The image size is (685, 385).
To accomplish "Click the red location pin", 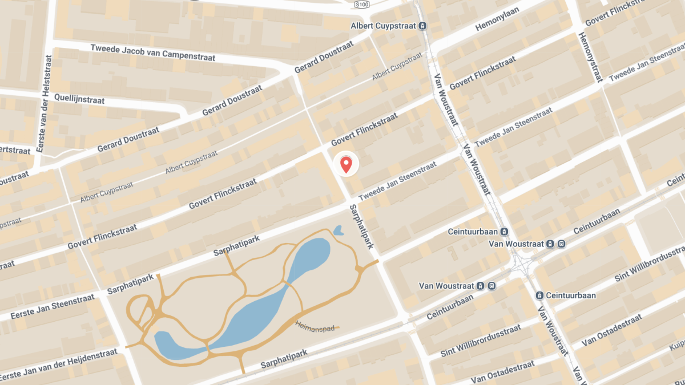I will point(345,164).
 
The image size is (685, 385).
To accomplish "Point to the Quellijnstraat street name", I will point(79,99).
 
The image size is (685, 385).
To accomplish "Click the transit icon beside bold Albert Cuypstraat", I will point(423,26).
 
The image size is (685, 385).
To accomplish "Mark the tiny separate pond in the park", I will point(338,230).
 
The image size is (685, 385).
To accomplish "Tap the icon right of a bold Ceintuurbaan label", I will point(504,232).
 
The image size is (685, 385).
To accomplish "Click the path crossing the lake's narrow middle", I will point(288,282).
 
